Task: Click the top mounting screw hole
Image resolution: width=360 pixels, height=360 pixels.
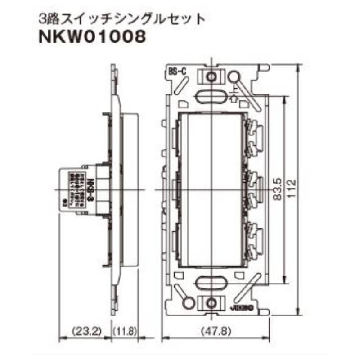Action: point(211,76)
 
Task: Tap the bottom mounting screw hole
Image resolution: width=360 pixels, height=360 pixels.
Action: point(211,305)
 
